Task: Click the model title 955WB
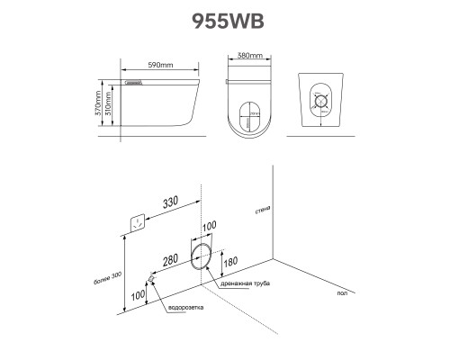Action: (228, 22)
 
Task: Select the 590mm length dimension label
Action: (160, 65)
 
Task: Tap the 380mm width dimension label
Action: (250, 56)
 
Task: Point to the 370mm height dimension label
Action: (98, 104)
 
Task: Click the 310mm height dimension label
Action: (108, 103)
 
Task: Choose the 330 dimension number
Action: (170, 202)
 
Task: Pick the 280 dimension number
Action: (170, 260)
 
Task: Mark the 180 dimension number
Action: (230, 262)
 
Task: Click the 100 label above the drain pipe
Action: (209, 226)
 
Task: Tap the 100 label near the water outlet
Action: (138, 295)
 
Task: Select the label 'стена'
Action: (263, 210)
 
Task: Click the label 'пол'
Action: (342, 293)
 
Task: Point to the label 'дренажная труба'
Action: (246, 283)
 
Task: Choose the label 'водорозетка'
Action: (186, 308)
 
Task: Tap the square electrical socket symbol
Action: (138, 223)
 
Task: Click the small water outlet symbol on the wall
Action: (151, 279)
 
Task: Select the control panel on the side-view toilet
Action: (133, 82)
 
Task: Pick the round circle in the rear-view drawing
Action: (321, 102)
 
